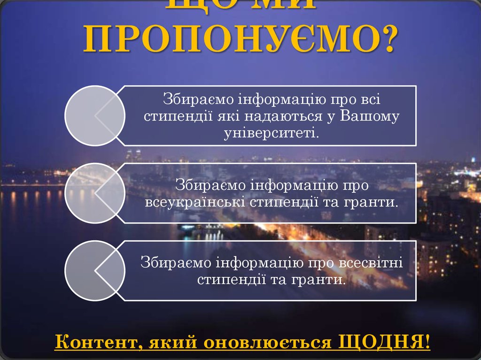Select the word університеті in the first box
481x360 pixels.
pyautogui.click(x=271, y=133)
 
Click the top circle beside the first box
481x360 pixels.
pyautogui.click(x=94, y=115)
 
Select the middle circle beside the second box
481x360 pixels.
pyautogui.click(x=94, y=193)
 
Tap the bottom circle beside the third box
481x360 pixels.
pyautogui.click(x=94, y=270)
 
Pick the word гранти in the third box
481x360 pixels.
pyautogui.click(x=323, y=280)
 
